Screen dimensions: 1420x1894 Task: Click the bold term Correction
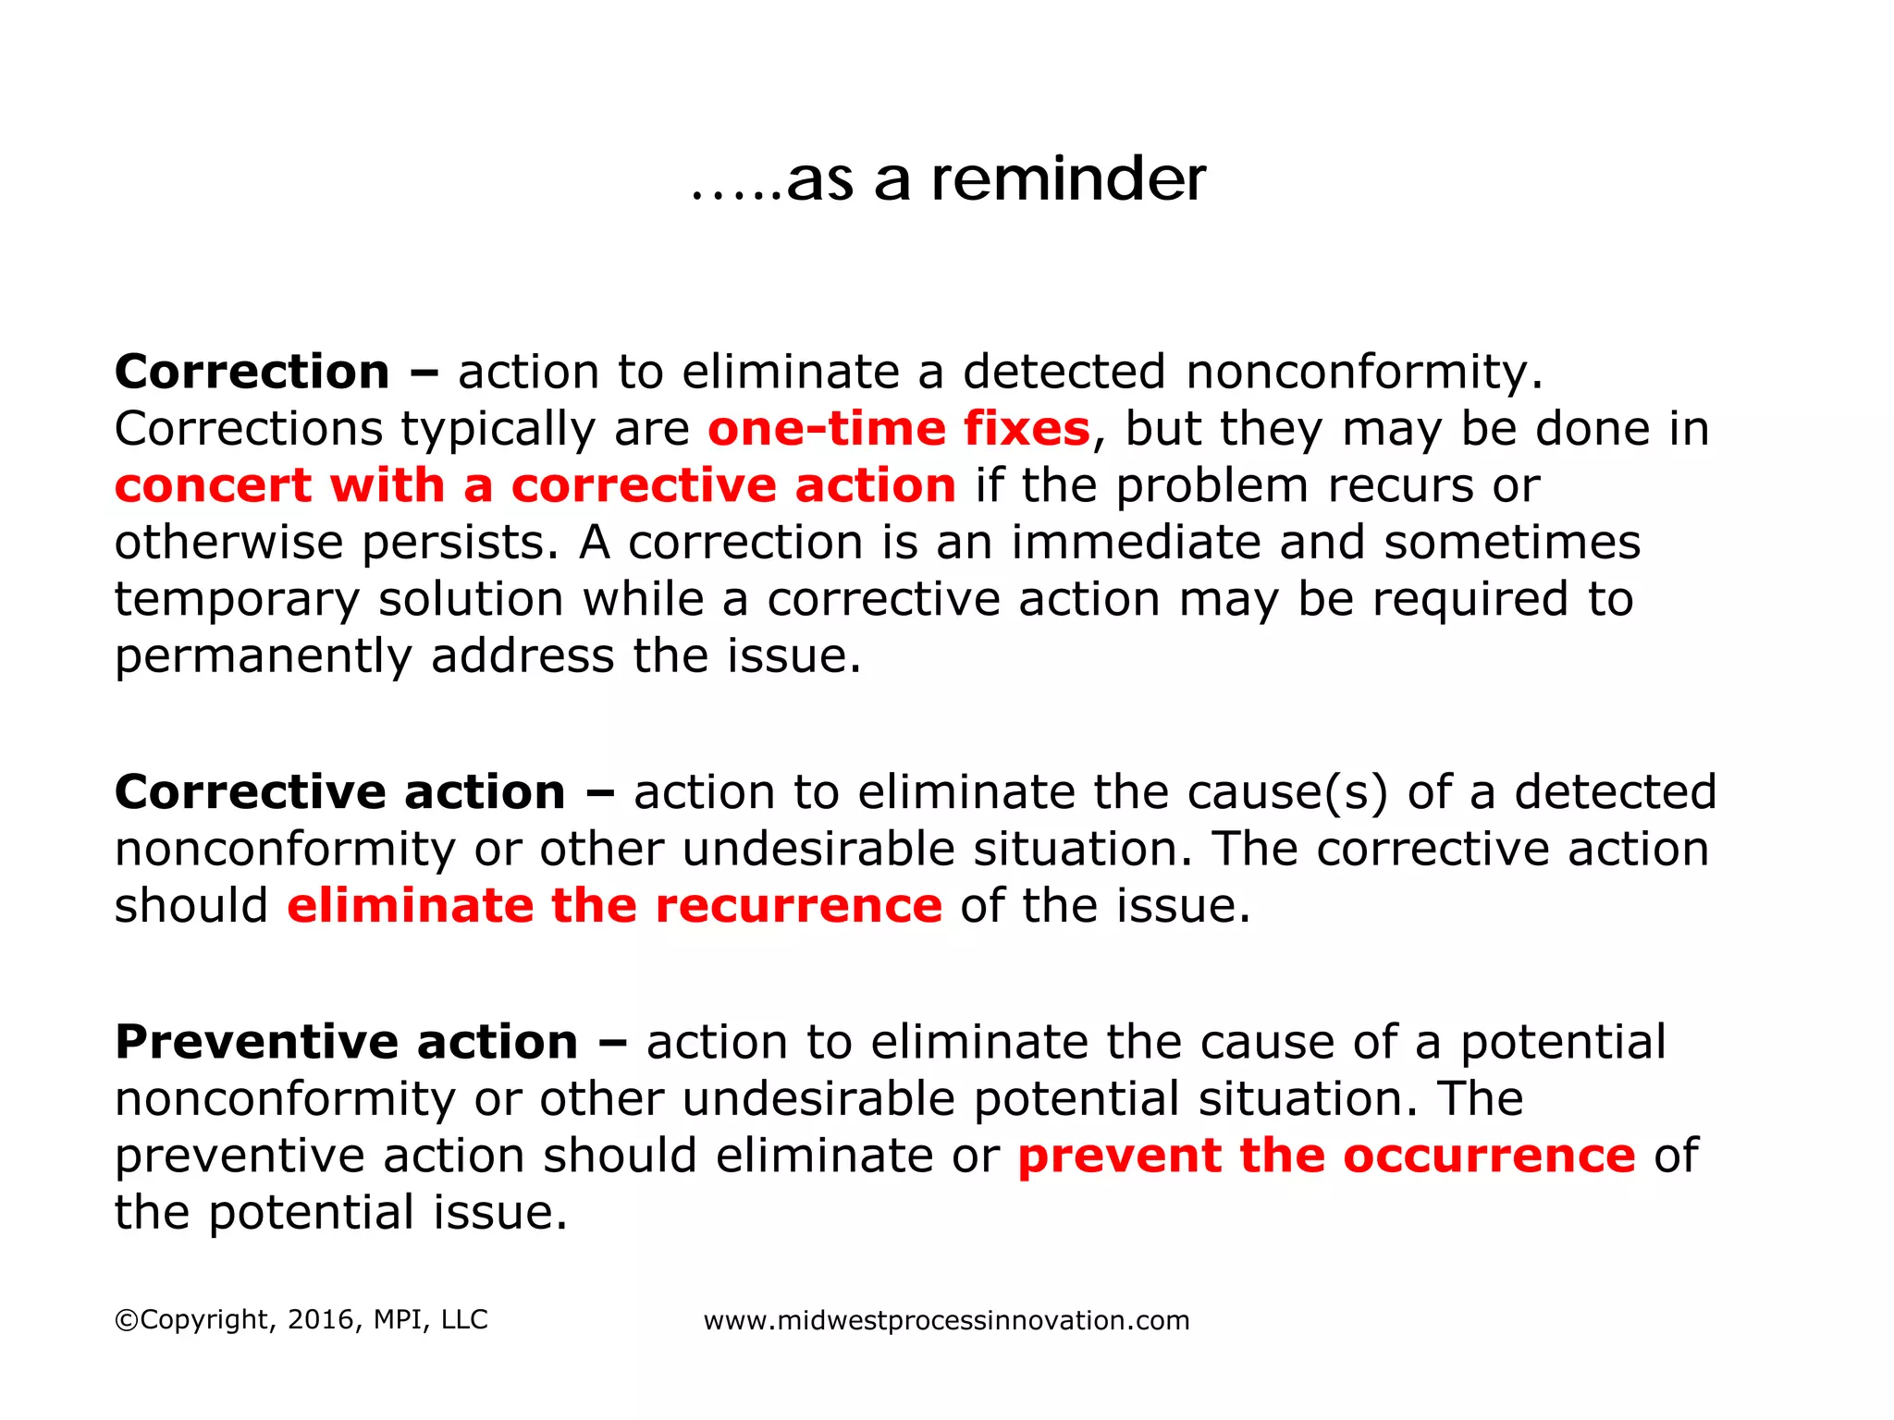tap(252, 372)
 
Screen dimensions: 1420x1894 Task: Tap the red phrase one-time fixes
tap(899, 429)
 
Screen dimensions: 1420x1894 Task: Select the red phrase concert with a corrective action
tap(535, 485)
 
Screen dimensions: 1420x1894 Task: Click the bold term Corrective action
tap(339, 792)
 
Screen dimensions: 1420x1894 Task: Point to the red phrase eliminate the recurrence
tap(614, 905)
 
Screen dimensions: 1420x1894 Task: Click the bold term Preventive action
tap(346, 1042)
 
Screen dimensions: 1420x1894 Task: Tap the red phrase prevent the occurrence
tap(1326, 1156)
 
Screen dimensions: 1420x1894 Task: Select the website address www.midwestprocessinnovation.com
tap(946, 1320)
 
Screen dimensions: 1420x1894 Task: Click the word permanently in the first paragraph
tap(263, 656)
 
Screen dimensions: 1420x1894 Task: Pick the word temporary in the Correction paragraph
tap(237, 600)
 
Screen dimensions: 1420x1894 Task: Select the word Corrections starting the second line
tap(248, 429)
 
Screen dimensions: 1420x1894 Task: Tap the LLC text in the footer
tap(464, 1319)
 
